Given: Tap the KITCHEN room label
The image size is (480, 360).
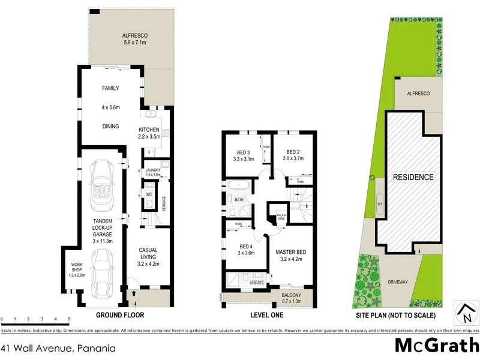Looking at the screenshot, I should tap(149, 130).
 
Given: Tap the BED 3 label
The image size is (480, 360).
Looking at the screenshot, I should tap(243, 152).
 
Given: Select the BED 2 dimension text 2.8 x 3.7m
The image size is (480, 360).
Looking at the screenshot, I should tap(293, 159).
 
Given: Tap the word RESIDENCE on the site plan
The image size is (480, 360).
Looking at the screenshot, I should tap(413, 178).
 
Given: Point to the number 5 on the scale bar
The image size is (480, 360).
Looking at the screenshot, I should tap(70, 319).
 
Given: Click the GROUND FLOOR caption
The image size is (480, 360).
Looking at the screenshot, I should tap(121, 314).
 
